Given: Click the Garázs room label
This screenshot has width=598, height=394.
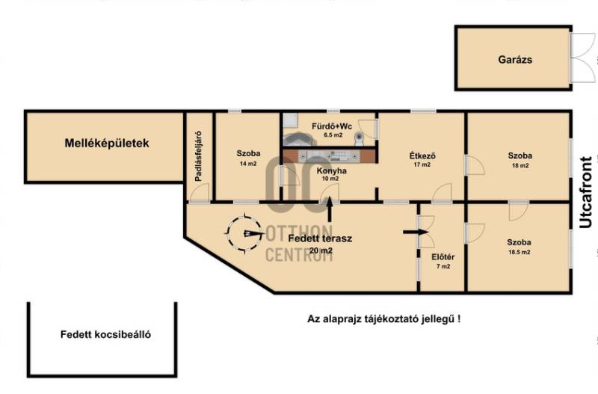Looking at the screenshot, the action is coord(515,60).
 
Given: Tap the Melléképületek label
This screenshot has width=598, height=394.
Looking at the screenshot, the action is coord(107,143).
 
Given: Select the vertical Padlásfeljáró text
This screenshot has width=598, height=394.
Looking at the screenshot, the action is coord(198,156).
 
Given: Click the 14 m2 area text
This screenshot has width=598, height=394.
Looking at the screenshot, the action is coord(248,164).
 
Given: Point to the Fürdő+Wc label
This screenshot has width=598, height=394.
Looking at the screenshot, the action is coord(332,126).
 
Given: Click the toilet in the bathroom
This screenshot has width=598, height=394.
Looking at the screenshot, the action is coord(359,138).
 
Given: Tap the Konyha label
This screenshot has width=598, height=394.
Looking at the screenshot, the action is coord(331,171).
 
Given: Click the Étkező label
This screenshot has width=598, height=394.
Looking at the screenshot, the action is coord(422,156).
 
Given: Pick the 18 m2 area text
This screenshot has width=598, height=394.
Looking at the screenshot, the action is coord(520,165).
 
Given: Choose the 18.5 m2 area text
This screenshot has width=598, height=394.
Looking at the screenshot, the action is coord(519,252).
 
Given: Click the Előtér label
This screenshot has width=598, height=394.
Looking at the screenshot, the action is coord(443,257).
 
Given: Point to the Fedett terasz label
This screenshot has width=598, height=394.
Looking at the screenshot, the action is coord(320,238).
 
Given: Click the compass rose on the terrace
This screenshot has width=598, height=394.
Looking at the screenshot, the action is coord(245,233).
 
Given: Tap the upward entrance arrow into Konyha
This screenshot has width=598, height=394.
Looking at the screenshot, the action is coord(330,209).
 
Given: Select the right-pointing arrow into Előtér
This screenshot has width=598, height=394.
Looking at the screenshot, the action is coord(416,232).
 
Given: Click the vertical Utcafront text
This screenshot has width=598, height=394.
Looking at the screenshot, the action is coord(586,192).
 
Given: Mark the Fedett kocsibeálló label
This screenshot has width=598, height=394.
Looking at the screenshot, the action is coord(105,334).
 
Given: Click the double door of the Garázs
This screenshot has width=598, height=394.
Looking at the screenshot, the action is coord(582,58).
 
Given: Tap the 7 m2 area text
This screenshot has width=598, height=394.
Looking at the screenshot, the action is coord(443,266).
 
